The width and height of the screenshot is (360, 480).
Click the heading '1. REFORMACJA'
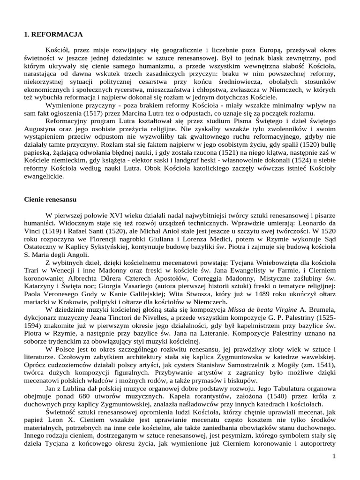coord(53,34)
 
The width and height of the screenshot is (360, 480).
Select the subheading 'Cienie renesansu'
coord(50,199)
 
